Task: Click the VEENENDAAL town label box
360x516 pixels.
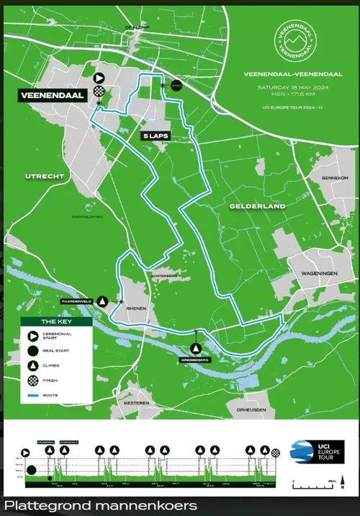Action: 53,94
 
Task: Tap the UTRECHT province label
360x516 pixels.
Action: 45,176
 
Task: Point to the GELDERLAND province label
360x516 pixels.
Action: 258,206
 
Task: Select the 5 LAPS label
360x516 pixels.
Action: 154,135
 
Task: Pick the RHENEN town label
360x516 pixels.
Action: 137,308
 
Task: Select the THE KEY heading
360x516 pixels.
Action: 55,322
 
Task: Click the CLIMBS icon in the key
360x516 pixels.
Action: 32,365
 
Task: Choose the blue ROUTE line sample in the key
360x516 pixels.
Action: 32,396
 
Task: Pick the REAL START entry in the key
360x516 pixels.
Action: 54,350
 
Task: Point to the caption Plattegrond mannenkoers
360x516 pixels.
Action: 101,506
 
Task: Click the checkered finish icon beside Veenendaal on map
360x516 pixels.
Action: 99,92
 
